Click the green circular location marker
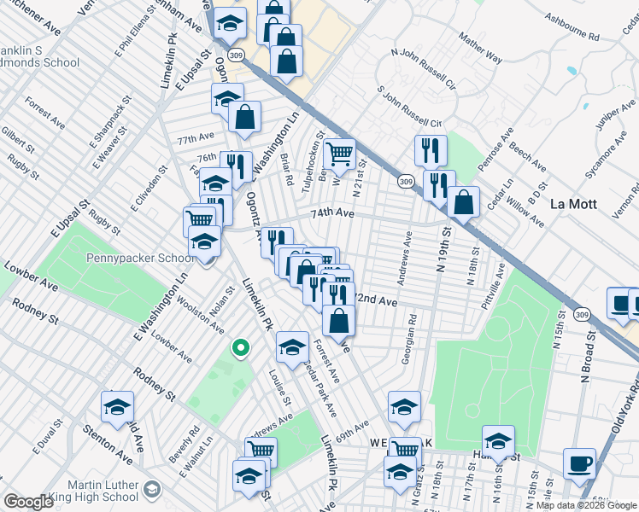(x=241, y=347)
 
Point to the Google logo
(x=28, y=502)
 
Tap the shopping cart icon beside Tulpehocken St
(x=339, y=154)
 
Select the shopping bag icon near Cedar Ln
(x=463, y=203)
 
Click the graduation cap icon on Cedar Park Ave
(x=292, y=346)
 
